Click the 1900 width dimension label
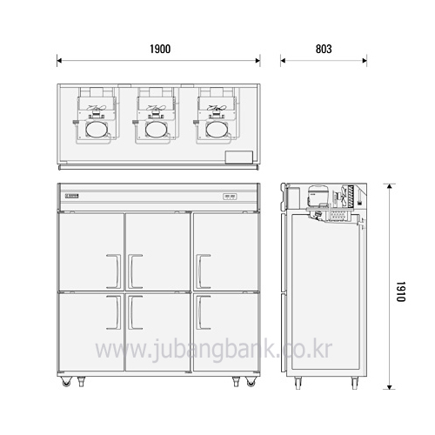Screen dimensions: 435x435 click(160, 49)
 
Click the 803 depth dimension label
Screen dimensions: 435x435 click(324, 49)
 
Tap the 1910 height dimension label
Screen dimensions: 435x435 click(401, 291)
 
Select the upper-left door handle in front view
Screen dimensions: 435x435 click(114, 271)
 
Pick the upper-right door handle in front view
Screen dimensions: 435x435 click(203, 271)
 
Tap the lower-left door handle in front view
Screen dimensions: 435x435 click(114, 312)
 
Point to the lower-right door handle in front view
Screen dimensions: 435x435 click(203, 312)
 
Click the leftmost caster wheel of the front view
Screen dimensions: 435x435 click(66, 382)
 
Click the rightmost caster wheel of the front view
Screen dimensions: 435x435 click(251, 382)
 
